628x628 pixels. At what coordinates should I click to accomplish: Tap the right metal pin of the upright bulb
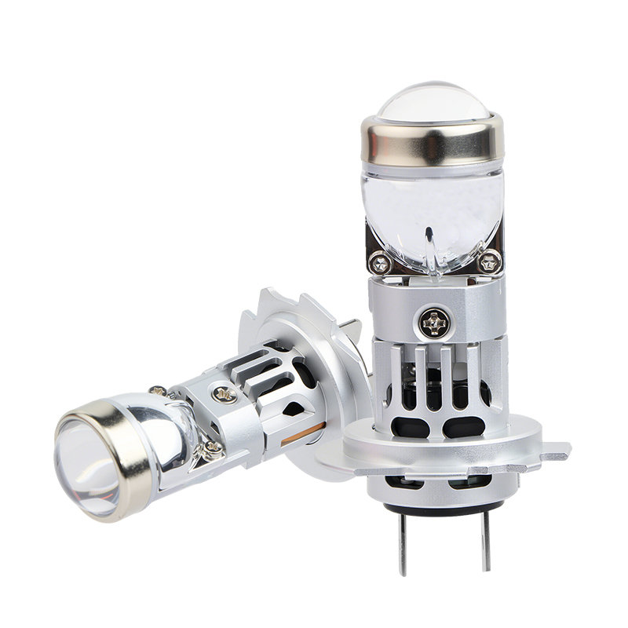486,541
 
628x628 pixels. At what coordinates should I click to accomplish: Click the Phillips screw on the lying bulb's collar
224,395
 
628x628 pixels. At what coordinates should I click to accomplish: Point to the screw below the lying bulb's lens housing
211,449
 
